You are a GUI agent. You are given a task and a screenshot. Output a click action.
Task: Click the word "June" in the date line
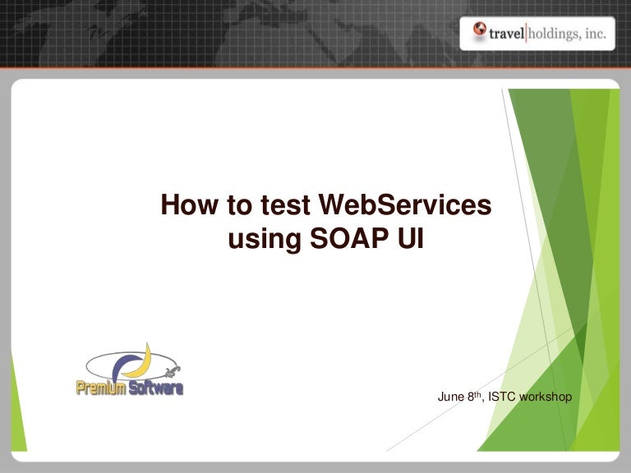tap(450, 397)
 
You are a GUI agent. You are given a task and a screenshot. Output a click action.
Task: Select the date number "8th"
tap(474, 396)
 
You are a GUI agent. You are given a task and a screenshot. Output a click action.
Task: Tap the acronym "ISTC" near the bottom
tap(503, 397)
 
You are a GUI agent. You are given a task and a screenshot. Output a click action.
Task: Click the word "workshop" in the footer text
tap(546, 397)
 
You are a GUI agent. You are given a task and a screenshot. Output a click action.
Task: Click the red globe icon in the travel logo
tap(480, 31)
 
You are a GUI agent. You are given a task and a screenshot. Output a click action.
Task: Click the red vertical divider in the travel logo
tap(526, 32)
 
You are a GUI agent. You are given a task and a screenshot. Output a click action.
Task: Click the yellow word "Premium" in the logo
tap(100, 388)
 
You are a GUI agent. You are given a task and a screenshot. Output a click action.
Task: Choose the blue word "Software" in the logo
tap(155, 388)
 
